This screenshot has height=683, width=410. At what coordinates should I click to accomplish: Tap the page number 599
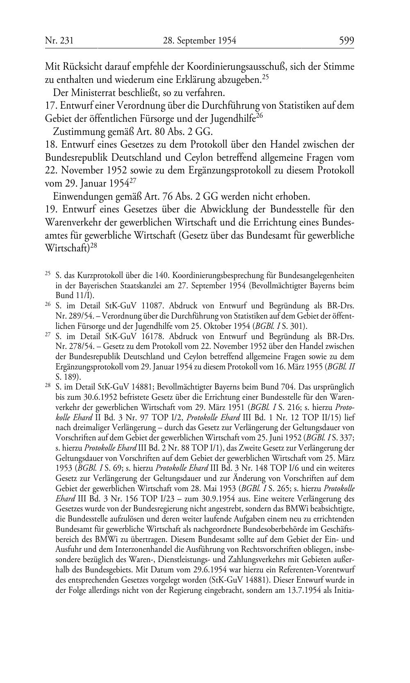click(x=346, y=41)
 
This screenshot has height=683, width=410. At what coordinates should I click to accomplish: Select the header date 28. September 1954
click(x=200, y=41)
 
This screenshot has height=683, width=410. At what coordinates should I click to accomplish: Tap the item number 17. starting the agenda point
click(x=51, y=105)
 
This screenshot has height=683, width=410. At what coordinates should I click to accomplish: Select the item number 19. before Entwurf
click(x=52, y=209)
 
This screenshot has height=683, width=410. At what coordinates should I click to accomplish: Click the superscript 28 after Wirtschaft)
click(x=93, y=247)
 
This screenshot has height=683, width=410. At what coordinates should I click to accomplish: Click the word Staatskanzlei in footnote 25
click(x=123, y=286)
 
